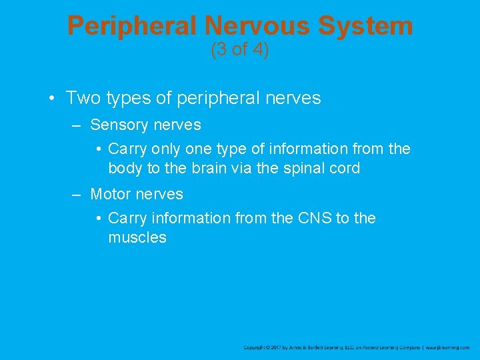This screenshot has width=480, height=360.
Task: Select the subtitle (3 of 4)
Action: coord(240,50)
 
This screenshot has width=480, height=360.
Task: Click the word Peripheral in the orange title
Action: coord(133,26)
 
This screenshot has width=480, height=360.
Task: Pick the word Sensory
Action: coord(117,125)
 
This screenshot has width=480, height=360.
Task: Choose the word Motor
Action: coord(110,194)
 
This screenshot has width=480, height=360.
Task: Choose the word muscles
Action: coord(137,237)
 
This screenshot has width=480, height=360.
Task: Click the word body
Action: coord(125,168)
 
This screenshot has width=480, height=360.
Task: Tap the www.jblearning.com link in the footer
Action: coord(448,347)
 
